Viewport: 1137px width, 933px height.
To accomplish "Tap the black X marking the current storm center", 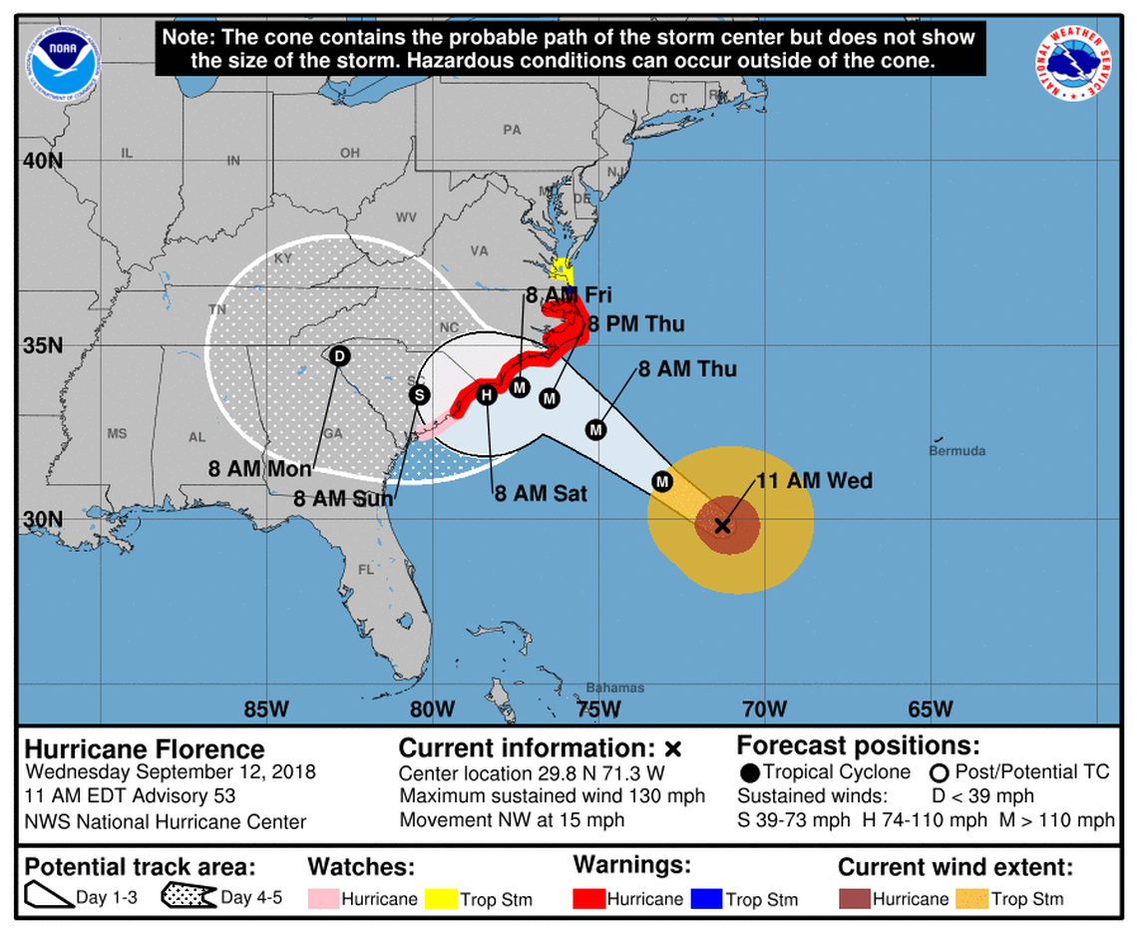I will pos(723,525).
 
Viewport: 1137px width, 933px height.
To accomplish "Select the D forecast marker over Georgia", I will pos(338,356).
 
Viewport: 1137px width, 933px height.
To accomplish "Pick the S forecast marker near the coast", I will pos(419,395).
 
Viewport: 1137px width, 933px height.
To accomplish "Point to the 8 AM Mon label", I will pos(260,468).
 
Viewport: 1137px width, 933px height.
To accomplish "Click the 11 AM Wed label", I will pos(814,481).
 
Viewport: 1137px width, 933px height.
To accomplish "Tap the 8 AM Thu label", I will pos(687,369).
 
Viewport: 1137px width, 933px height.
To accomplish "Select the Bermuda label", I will pos(956,451).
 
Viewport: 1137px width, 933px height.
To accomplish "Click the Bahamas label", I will pos(614,688).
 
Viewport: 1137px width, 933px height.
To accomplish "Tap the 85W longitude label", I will pos(265,709).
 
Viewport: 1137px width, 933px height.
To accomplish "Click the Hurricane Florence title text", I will pos(145,749).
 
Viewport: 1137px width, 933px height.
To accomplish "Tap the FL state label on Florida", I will pos(365,570).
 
